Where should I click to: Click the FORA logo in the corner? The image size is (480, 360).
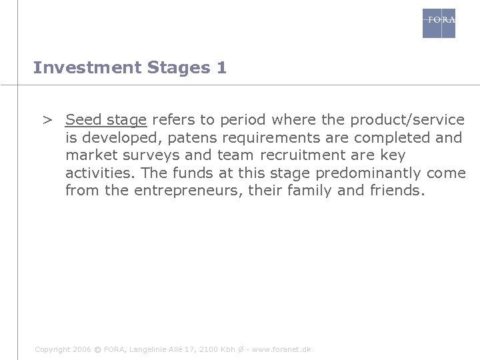coord(439,23)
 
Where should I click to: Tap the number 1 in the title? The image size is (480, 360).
coord(221,68)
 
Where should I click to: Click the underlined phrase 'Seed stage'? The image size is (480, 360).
coord(106,121)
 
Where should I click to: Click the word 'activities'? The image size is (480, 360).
coord(97,173)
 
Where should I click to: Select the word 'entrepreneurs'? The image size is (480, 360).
coord(184,191)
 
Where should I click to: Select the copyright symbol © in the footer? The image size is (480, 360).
coord(97,349)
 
